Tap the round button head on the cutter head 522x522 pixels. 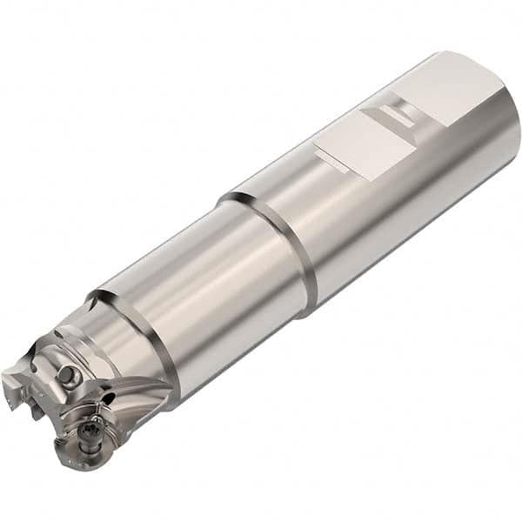coord(66,375)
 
